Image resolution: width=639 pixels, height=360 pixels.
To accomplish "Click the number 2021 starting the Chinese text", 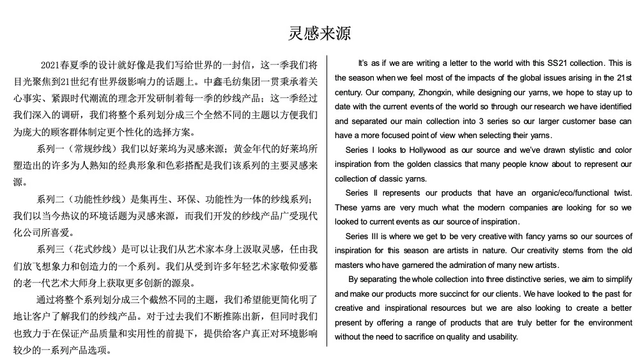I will (50, 65).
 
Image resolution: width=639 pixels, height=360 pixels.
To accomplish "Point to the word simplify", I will (614, 279).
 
